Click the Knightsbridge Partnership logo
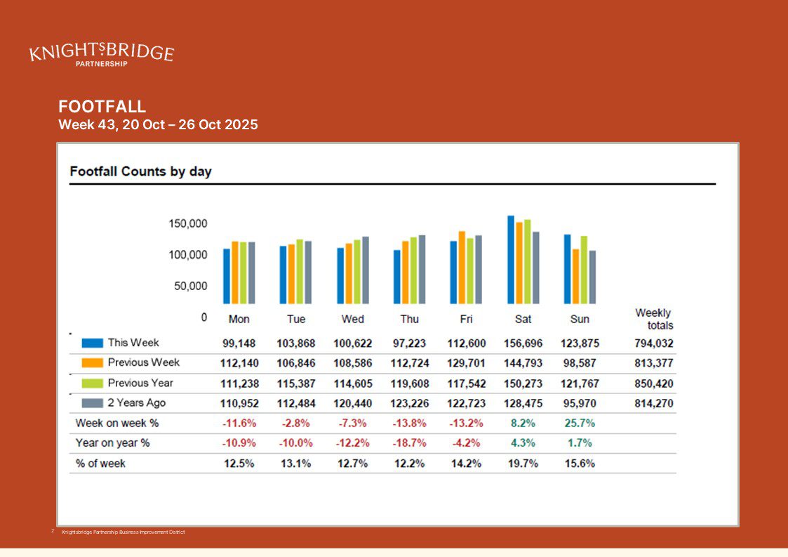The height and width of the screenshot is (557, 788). (x=101, y=54)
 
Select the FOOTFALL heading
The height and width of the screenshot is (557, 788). (x=102, y=107)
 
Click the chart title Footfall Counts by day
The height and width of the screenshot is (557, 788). (x=140, y=171)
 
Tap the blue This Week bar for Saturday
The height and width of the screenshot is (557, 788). (x=511, y=260)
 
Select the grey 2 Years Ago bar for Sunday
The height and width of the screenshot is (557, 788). (x=592, y=277)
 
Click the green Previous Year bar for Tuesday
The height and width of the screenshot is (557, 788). (x=300, y=272)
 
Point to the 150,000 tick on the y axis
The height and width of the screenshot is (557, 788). (x=187, y=224)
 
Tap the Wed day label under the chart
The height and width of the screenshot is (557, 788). (x=352, y=320)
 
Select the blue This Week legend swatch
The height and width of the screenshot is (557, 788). (x=93, y=343)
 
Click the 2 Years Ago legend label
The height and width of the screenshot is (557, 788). (x=136, y=403)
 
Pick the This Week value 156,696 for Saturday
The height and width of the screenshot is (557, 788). (x=523, y=344)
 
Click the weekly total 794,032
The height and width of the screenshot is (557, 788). (x=653, y=344)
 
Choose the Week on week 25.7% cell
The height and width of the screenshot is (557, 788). (x=580, y=424)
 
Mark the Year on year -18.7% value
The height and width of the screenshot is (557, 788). (x=409, y=443)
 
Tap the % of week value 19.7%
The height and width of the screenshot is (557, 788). (x=523, y=464)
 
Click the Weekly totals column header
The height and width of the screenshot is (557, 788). (x=654, y=319)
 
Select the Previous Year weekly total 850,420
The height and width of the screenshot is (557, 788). (x=653, y=384)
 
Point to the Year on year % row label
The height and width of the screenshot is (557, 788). (x=112, y=443)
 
